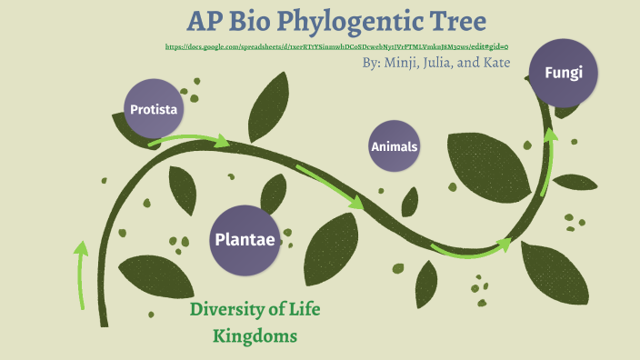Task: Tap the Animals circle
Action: (395, 146)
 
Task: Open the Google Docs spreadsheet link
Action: (337, 45)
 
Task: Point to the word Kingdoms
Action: (255, 336)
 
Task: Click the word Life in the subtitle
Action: (304, 309)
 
